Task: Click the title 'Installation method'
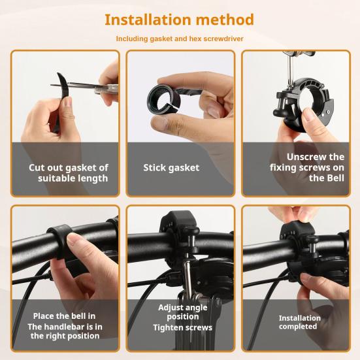tap(180, 20)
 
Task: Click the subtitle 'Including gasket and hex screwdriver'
tap(180, 39)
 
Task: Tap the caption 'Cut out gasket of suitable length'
tap(68, 172)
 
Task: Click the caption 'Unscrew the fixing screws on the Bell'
tap(307, 167)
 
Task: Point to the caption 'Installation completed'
tap(299, 322)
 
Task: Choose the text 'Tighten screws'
tap(182, 327)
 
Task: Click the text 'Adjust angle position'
tap(182, 312)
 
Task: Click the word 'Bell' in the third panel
tap(331, 178)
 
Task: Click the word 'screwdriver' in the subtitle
tap(221, 39)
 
